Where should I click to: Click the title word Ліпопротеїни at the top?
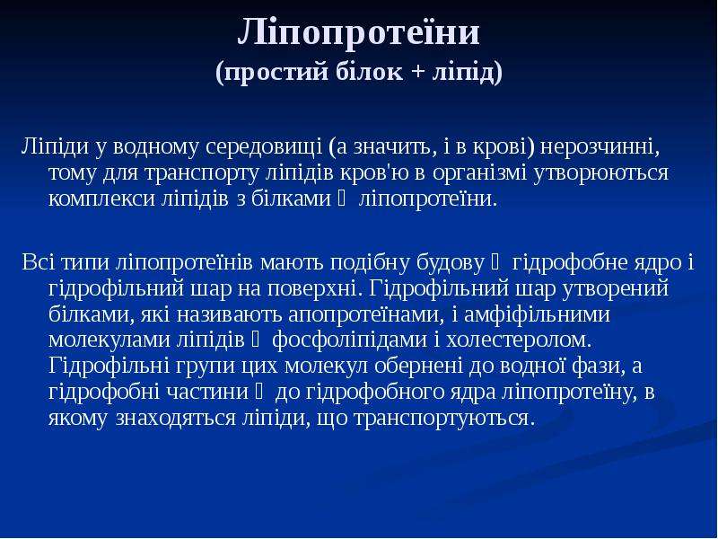(358, 32)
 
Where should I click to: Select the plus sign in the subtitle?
(417, 73)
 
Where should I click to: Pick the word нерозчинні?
(600, 146)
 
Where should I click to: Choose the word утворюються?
(601, 172)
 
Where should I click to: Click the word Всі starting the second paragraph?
(39, 262)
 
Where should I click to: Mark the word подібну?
(370, 262)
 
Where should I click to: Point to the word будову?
(451, 262)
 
